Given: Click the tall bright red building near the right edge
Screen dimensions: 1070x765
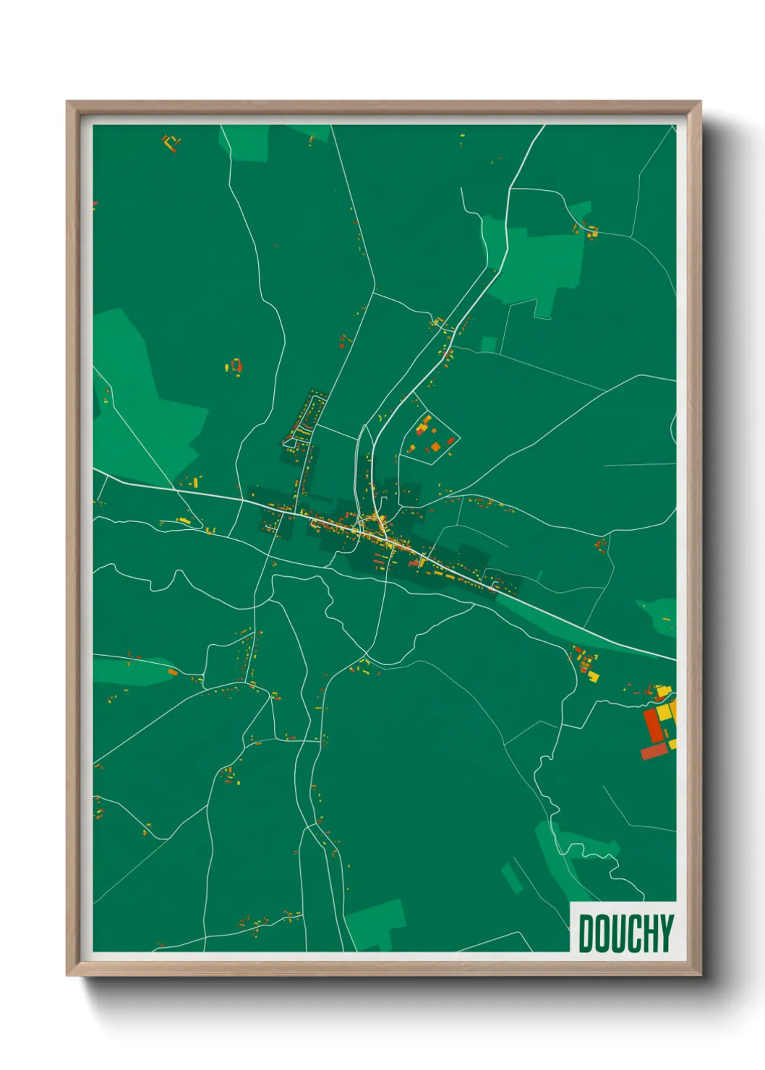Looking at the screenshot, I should point(654,725).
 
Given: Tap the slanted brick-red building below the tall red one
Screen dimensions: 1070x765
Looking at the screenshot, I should point(653,752).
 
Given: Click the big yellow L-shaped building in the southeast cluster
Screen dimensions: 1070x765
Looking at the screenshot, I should point(663,712).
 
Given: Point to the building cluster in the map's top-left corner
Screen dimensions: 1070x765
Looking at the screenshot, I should point(171,142).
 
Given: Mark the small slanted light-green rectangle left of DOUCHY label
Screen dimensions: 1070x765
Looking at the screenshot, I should point(511,878).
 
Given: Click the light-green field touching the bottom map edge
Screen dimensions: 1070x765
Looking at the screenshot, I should point(376,925).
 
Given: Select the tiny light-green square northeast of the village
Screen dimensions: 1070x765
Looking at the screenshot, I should point(489,344).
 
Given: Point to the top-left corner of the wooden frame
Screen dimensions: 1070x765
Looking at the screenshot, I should point(68,103).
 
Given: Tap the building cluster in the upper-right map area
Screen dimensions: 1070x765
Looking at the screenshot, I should point(587,230).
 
